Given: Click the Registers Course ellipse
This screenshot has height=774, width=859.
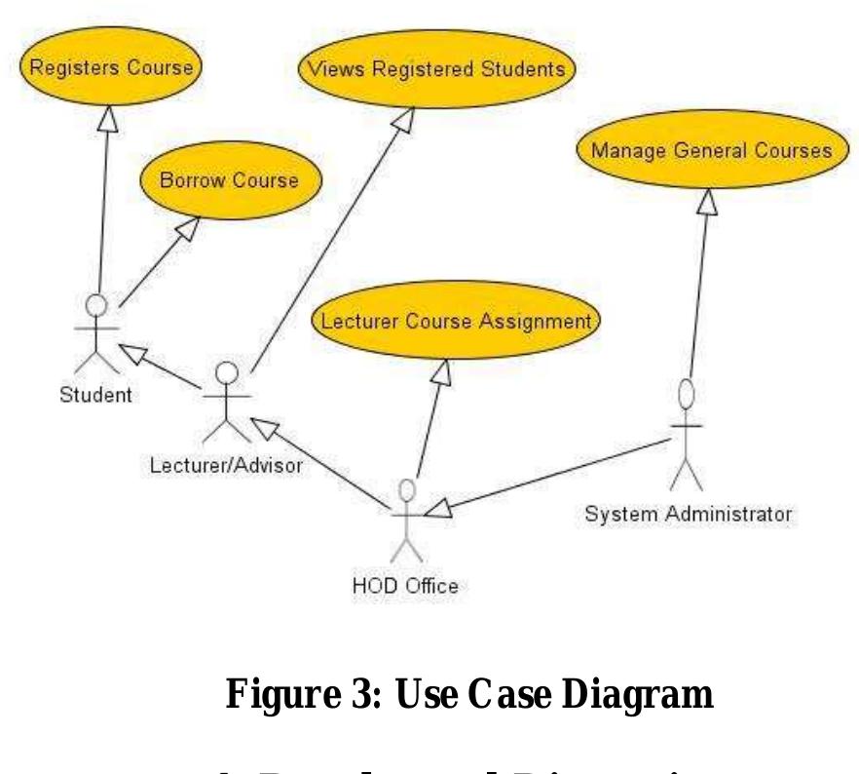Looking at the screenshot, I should (x=111, y=68).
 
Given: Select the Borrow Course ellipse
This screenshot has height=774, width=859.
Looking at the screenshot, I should (x=231, y=181).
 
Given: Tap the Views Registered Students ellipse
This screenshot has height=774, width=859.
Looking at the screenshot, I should (x=435, y=70).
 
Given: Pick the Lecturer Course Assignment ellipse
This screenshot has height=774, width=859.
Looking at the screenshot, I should (x=456, y=323).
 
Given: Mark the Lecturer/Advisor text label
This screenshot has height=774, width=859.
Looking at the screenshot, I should (x=226, y=465).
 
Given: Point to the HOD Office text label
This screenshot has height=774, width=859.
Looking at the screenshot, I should (x=404, y=586).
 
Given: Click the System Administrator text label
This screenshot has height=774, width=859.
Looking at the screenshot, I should (x=688, y=512).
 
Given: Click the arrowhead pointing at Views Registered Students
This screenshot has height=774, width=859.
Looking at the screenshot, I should (x=403, y=120).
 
